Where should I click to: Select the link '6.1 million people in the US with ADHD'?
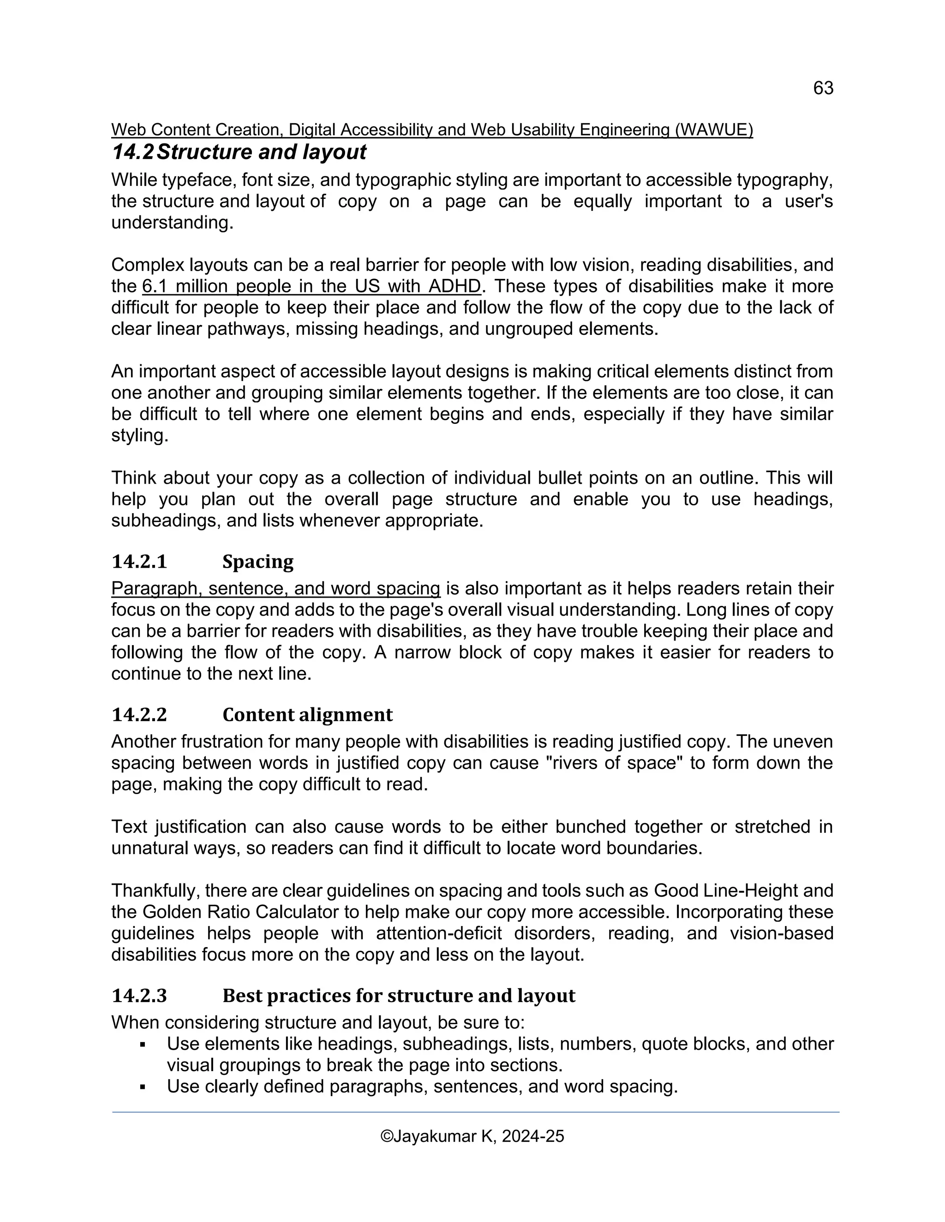pyautogui.click(x=311, y=286)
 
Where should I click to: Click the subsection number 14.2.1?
pyautogui.click(x=139, y=561)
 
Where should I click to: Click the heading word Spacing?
pyautogui.click(x=257, y=561)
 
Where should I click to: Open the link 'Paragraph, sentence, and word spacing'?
pyautogui.click(x=275, y=588)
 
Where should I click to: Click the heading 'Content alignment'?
pyautogui.click(x=307, y=714)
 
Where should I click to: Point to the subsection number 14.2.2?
pyautogui.click(x=139, y=714)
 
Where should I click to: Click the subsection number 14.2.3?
pyautogui.click(x=139, y=996)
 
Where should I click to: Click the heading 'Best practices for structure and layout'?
pyautogui.click(x=399, y=996)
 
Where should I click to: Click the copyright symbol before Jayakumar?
pyautogui.click(x=386, y=1136)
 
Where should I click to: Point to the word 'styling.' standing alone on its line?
pyautogui.click(x=139, y=435)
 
